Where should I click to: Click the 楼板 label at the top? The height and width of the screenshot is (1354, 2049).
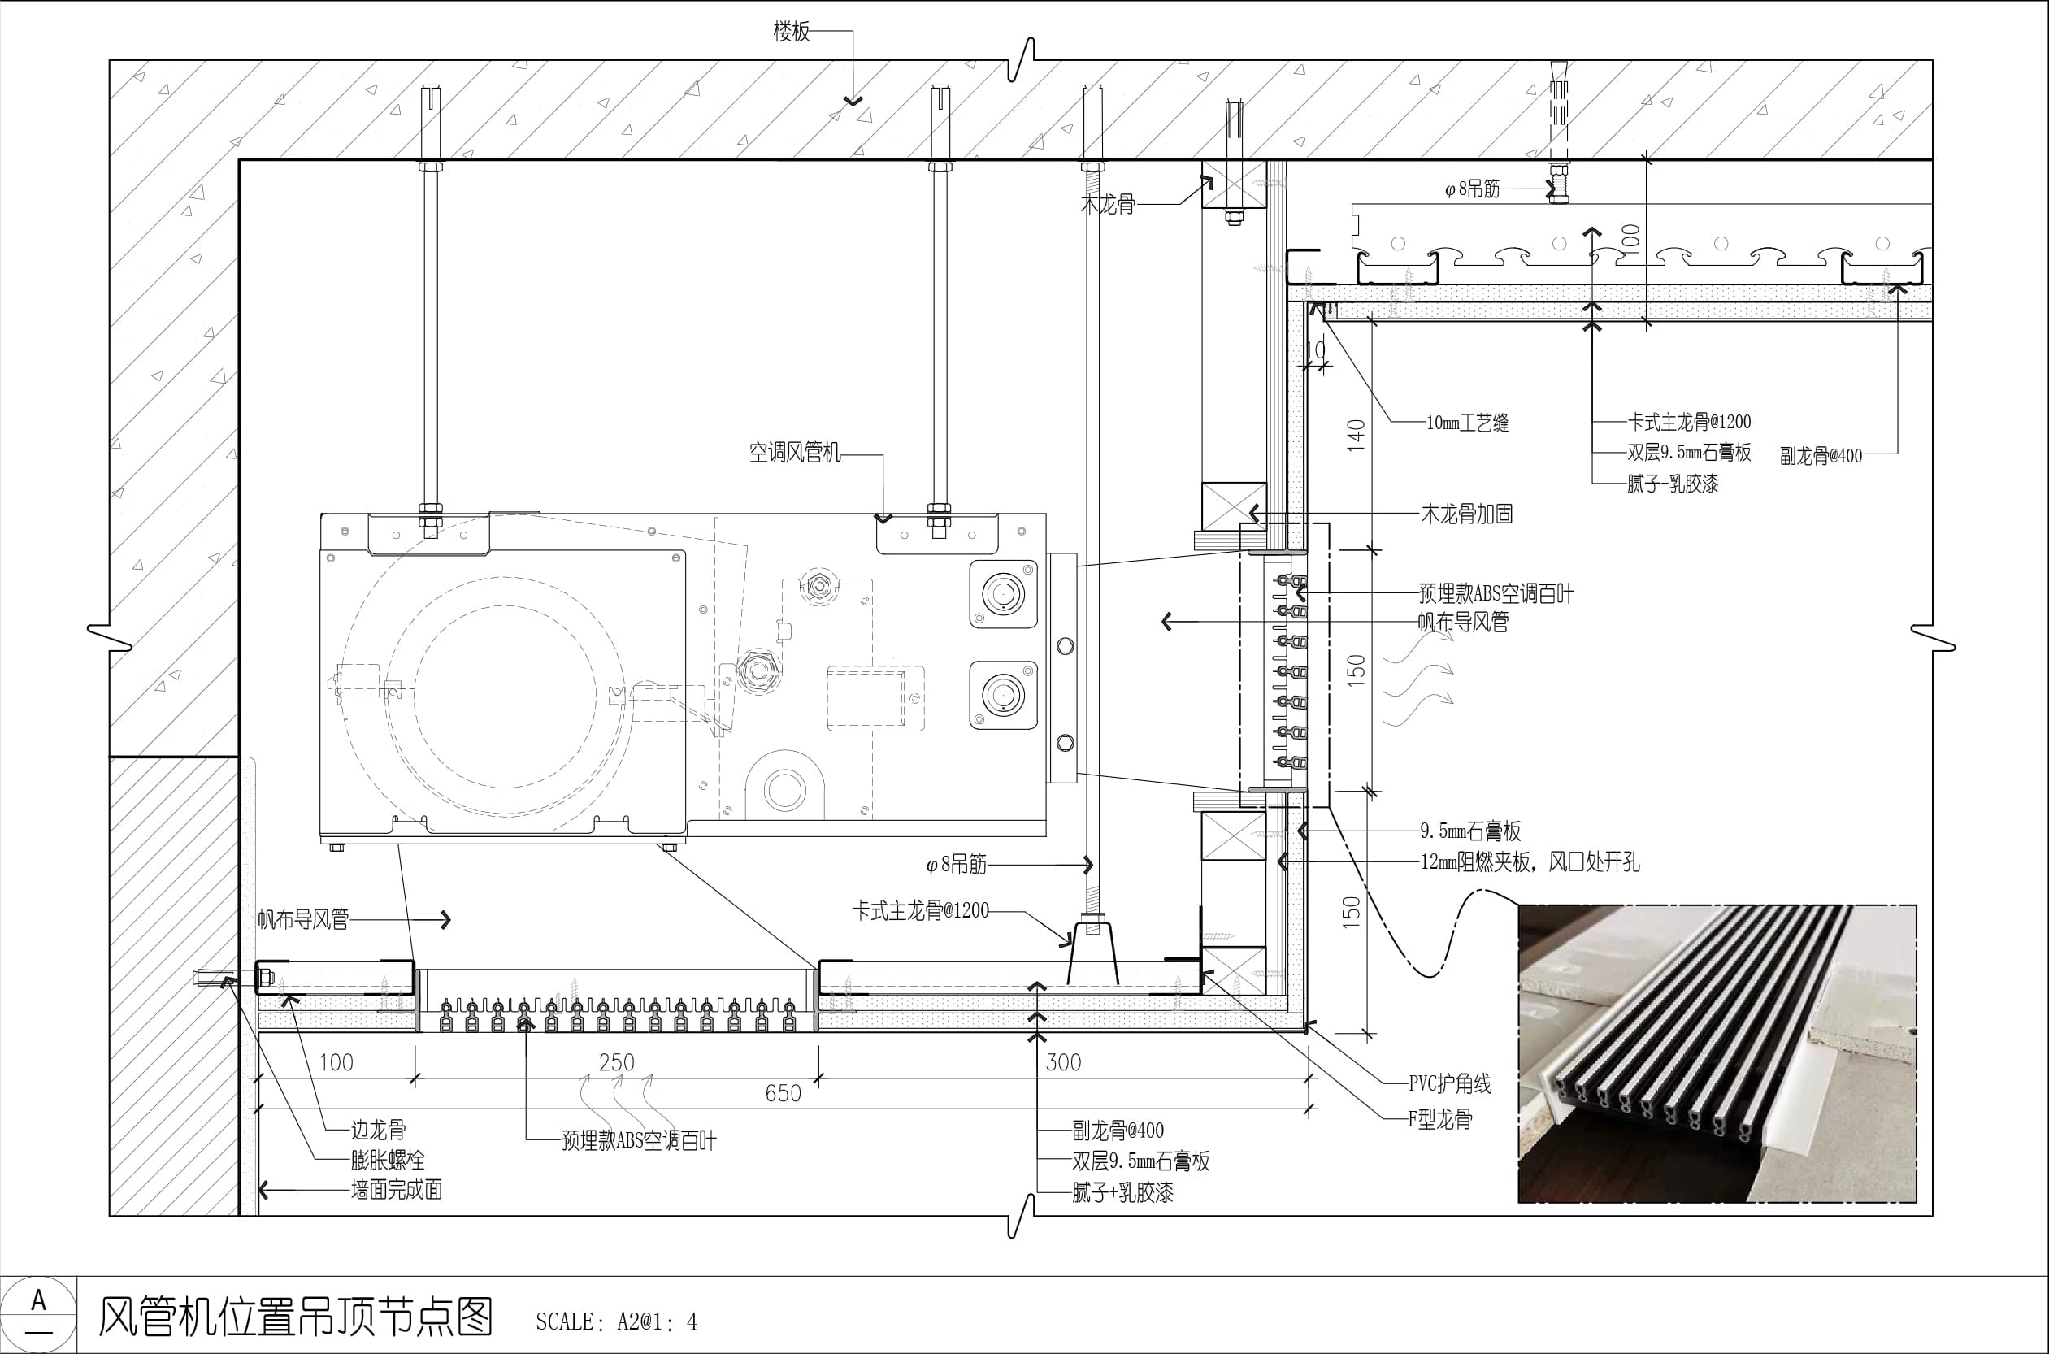(x=791, y=32)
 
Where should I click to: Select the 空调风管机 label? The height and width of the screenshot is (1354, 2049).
(x=794, y=453)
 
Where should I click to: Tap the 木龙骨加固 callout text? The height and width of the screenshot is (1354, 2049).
(x=1467, y=514)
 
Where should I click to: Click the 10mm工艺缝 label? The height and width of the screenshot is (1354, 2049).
(x=1467, y=423)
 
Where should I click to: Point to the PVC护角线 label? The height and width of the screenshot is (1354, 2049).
(x=1450, y=1083)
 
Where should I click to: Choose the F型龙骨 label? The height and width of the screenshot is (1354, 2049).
(x=1440, y=1120)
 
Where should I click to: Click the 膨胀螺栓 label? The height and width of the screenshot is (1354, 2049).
(x=388, y=1160)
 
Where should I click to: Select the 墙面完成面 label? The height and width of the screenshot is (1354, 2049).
(x=397, y=1190)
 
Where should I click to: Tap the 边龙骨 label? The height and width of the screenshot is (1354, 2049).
(x=378, y=1130)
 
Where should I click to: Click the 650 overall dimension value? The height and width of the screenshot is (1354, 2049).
(x=784, y=1093)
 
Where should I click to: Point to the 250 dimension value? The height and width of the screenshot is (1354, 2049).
(x=617, y=1062)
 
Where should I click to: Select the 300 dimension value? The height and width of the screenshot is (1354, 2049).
(x=1063, y=1062)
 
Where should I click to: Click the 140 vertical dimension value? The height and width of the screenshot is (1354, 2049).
(x=1356, y=436)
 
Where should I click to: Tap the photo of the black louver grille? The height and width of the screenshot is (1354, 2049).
(x=1717, y=1053)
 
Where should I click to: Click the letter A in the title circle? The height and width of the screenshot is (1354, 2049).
(x=38, y=1300)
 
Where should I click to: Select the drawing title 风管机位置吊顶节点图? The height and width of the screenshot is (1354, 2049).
(x=295, y=1317)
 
